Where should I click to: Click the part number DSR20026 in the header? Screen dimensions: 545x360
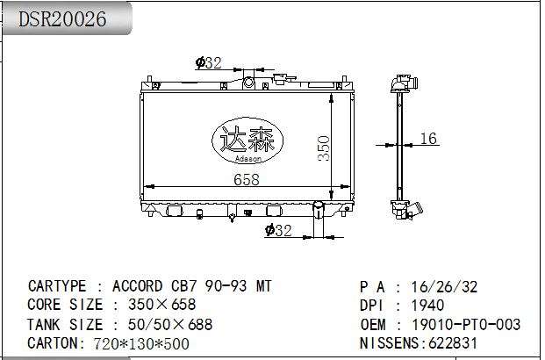pos(62,18)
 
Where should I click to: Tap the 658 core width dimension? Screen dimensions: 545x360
pos(247,179)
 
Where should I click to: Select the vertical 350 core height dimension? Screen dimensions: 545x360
pos(324,148)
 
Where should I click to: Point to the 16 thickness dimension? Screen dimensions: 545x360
pos(428,139)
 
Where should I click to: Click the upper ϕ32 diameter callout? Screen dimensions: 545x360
pos(208,63)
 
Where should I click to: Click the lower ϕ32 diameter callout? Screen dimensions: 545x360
pos(278,230)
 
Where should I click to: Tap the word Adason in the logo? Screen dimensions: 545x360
pos(248,159)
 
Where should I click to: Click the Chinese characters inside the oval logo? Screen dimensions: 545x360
pos(247,139)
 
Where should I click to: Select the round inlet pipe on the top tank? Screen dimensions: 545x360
pos(248,83)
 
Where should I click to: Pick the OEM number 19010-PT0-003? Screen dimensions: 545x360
pos(466,325)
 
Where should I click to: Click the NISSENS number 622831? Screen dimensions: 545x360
pos(453,343)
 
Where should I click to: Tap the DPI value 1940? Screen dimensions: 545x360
pos(427,306)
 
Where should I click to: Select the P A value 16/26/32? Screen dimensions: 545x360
pos(444,287)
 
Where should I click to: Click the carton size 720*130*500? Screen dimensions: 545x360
pos(141,343)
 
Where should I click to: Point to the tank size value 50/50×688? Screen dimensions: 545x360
pos(170,325)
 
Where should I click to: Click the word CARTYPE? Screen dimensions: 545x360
pos(57,286)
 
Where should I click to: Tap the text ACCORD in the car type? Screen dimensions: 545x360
pos(137,286)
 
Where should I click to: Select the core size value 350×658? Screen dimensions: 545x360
pos(162,305)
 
